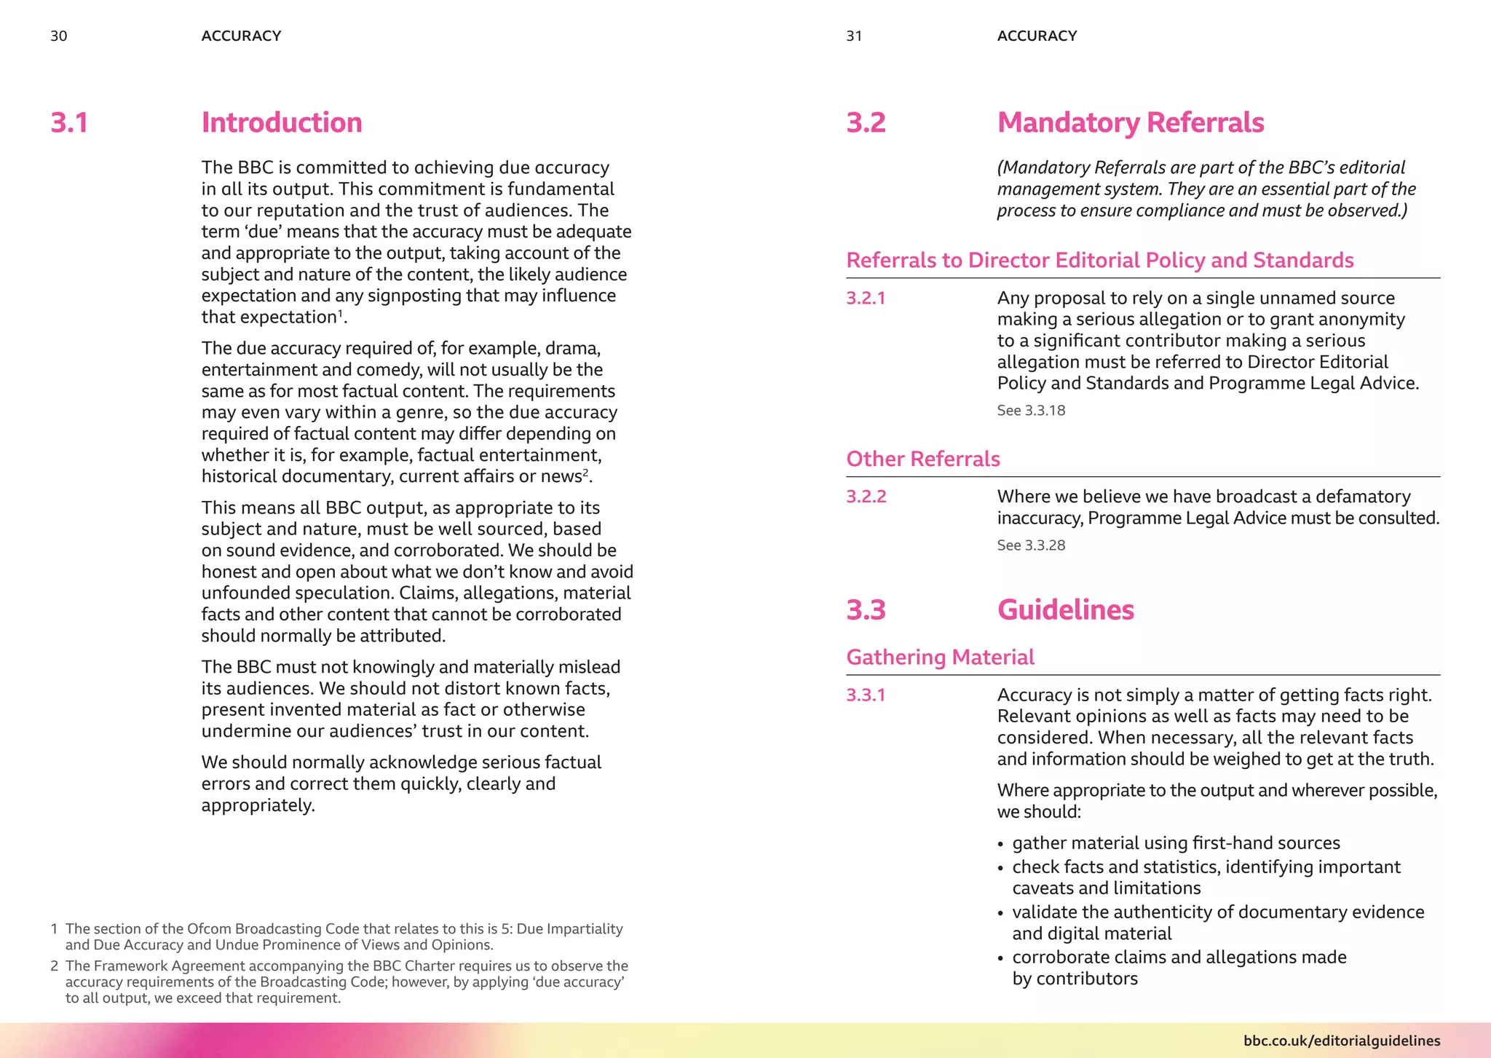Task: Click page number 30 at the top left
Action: [x=59, y=36]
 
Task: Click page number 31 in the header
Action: [x=854, y=36]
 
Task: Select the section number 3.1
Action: [x=70, y=122]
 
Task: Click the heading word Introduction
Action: [x=282, y=122]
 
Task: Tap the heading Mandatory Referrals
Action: [x=1130, y=122]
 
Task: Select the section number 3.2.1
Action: [x=866, y=298]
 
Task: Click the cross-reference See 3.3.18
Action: [x=1031, y=411]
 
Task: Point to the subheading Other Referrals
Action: [x=922, y=459]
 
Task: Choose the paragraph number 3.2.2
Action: [x=866, y=497]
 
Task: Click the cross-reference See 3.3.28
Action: [x=1031, y=545]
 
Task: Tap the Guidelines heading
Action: [x=1065, y=609]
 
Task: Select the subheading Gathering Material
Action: [x=940, y=657]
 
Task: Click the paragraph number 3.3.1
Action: [x=866, y=695]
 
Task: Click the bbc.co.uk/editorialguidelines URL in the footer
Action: [x=1341, y=1041]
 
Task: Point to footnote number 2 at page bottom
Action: [x=55, y=966]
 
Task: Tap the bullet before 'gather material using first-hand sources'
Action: [x=1000, y=844]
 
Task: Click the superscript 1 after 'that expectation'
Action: [x=340, y=314]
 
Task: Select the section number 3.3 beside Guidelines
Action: [x=866, y=609]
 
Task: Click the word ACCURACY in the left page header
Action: [x=241, y=36]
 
